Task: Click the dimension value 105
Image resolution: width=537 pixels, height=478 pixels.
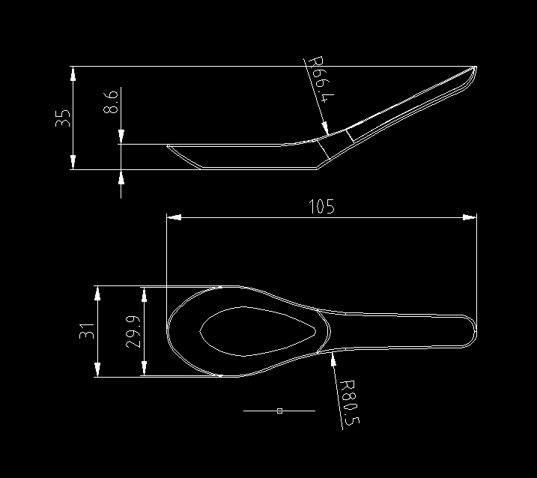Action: tap(321, 207)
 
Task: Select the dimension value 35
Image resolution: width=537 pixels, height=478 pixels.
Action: tap(63, 118)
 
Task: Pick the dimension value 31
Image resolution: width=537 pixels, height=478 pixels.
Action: tap(87, 331)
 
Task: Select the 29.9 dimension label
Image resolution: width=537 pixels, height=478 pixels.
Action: tap(133, 331)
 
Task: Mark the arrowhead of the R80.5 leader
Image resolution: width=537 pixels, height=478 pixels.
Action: tap(332, 358)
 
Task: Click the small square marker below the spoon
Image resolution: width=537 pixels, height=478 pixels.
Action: tap(279, 411)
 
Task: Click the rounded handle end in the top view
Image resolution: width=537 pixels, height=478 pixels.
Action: tap(470, 331)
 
